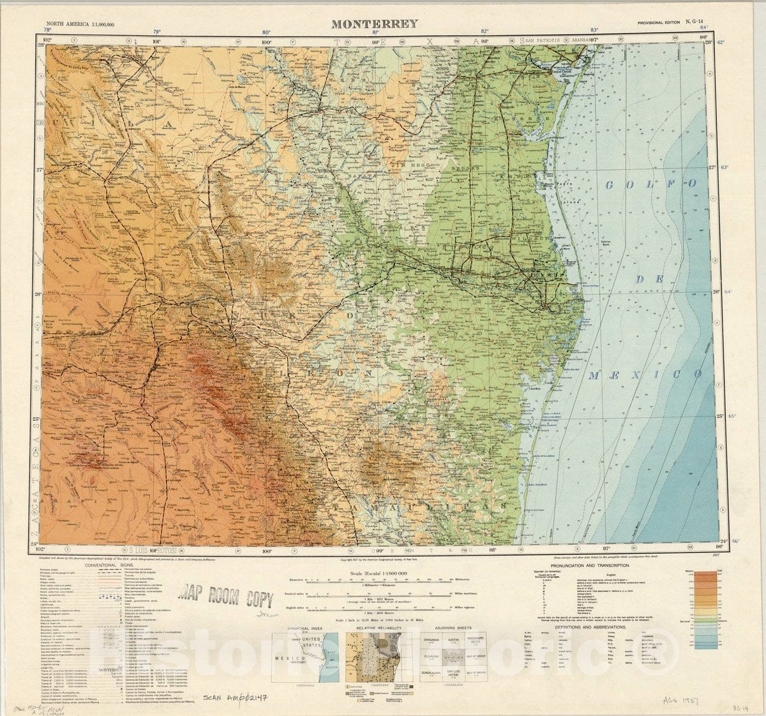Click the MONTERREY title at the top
[374, 24]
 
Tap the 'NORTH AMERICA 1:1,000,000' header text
[80, 24]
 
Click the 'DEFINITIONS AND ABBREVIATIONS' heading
[594, 627]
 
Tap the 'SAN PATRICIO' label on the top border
[545, 40]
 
